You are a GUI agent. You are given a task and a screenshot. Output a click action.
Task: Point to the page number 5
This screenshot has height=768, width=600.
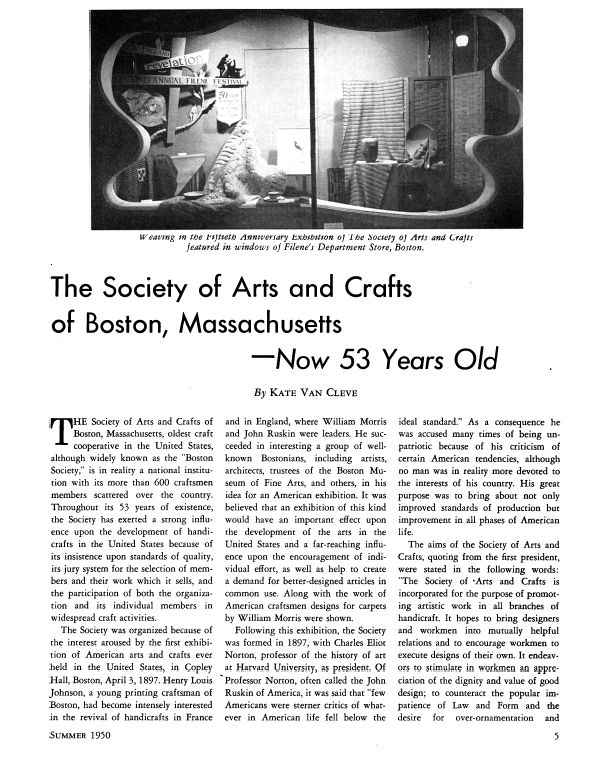pyautogui.click(x=569, y=741)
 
